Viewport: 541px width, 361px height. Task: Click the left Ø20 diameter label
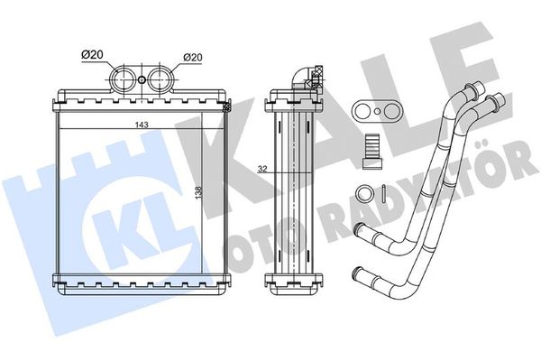[93, 54]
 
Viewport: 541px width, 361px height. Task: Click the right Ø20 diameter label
[193, 57]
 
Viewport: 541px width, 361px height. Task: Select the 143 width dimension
[142, 125]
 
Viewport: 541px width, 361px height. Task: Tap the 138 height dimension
[198, 192]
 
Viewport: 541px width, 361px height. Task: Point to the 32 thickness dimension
[262, 169]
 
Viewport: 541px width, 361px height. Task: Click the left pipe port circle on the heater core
[123, 79]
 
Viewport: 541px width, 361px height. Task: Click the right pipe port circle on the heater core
[160, 79]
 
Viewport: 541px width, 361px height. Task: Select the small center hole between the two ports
[142, 80]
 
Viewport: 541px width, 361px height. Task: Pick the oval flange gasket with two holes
[378, 111]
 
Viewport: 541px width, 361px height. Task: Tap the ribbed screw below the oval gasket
[372, 151]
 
